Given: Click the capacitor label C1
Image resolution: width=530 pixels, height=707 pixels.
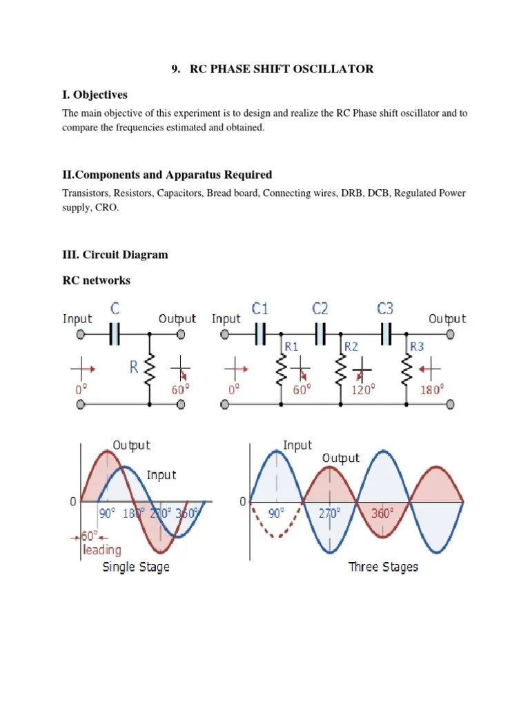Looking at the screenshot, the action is click(260, 308).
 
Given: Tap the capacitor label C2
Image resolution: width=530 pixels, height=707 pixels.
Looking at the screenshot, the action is click(320, 308).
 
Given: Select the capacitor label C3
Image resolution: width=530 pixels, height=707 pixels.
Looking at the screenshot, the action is click(385, 308).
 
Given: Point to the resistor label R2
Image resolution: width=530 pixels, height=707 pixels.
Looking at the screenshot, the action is click(351, 346).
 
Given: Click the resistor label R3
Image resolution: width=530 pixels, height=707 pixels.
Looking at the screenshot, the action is click(418, 346).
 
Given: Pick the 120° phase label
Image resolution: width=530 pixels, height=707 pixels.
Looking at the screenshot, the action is click(363, 389).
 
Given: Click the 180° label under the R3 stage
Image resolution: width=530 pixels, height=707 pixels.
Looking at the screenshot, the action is click(433, 389).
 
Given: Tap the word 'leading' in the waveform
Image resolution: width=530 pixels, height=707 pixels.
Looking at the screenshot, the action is click(101, 550).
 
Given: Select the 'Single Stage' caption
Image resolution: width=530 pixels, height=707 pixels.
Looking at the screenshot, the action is click(136, 567).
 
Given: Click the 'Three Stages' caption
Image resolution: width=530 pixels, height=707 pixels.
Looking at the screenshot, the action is click(383, 567).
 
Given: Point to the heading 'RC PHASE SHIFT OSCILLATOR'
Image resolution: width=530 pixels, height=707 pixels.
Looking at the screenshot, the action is click(272, 68).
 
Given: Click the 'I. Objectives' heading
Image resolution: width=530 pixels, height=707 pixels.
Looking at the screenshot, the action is click(95, 95).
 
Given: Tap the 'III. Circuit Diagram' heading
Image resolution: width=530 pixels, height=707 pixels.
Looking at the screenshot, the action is click(115, 255).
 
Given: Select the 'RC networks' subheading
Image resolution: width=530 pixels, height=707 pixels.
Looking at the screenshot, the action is click(97, 280).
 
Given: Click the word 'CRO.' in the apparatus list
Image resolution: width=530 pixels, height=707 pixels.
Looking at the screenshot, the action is click(107, 207).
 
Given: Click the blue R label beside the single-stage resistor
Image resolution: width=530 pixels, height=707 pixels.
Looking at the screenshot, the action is click(134, 367).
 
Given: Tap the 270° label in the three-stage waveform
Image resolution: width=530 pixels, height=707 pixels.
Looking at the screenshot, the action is click(329, 513).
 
